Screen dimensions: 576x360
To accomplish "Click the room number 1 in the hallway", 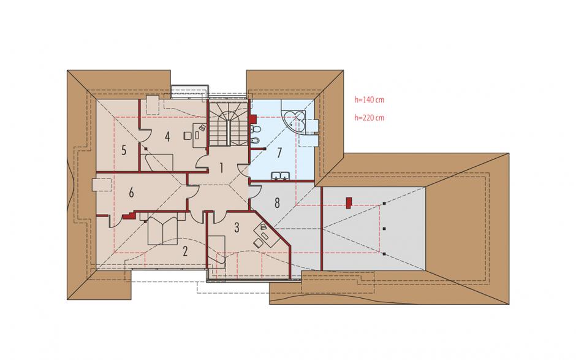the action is point(221,167).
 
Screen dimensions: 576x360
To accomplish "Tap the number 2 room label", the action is point(185,251).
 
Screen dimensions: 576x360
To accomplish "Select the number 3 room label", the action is point(237,228).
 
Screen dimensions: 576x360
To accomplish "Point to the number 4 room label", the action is point(167,137).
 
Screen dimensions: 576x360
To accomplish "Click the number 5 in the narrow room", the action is point(124,150).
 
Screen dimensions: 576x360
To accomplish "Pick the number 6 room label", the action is point(131,193).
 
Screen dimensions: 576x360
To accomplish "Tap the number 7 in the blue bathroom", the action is point(279,153).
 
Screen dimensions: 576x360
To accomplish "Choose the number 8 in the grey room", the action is point(277,202).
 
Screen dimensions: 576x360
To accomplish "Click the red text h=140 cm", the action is point(369,99).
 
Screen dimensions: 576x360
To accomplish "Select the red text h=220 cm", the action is point(369,118).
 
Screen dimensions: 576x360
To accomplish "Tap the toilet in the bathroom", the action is point(256,129).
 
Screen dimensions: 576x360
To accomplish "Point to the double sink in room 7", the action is point(281,176).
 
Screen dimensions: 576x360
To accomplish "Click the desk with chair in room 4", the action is point(198,134).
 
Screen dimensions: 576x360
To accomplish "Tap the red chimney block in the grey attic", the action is point(349,203).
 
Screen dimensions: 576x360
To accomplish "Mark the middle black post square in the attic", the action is point(384,229).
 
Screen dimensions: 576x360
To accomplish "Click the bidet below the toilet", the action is point(256,140).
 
